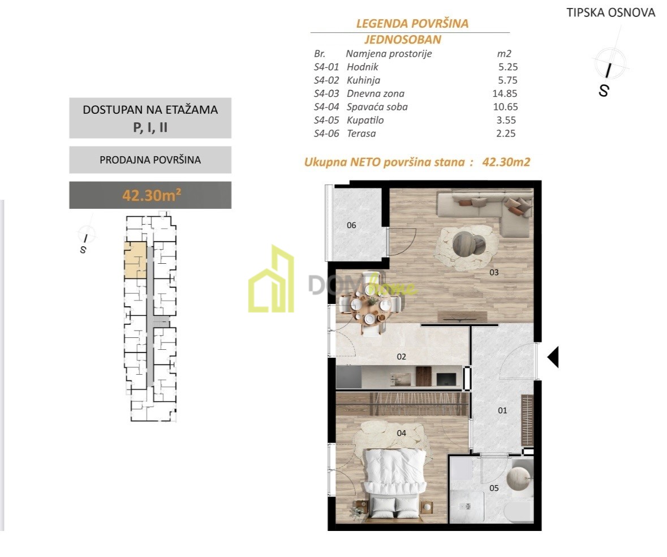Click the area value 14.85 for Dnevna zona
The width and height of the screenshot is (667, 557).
505,93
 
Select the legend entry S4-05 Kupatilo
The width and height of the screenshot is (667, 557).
349,121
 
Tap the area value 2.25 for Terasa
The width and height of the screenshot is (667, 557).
506,134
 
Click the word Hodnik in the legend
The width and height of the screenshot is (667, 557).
363,67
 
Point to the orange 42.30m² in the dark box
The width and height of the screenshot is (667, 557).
152,195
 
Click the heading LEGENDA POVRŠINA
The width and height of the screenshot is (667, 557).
412,23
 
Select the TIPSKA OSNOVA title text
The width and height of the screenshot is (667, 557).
611,13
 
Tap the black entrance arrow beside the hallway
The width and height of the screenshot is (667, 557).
553,357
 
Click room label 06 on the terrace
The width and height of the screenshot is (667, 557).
351,225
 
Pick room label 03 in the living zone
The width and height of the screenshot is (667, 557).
494,272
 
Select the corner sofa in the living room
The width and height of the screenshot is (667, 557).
485,213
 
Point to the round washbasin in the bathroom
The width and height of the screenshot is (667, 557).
519,478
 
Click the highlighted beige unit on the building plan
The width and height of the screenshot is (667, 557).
135,260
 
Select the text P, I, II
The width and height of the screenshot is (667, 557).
150,127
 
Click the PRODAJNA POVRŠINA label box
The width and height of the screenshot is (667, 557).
150,160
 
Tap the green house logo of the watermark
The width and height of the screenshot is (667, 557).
272,278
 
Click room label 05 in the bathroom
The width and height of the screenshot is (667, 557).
494,488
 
